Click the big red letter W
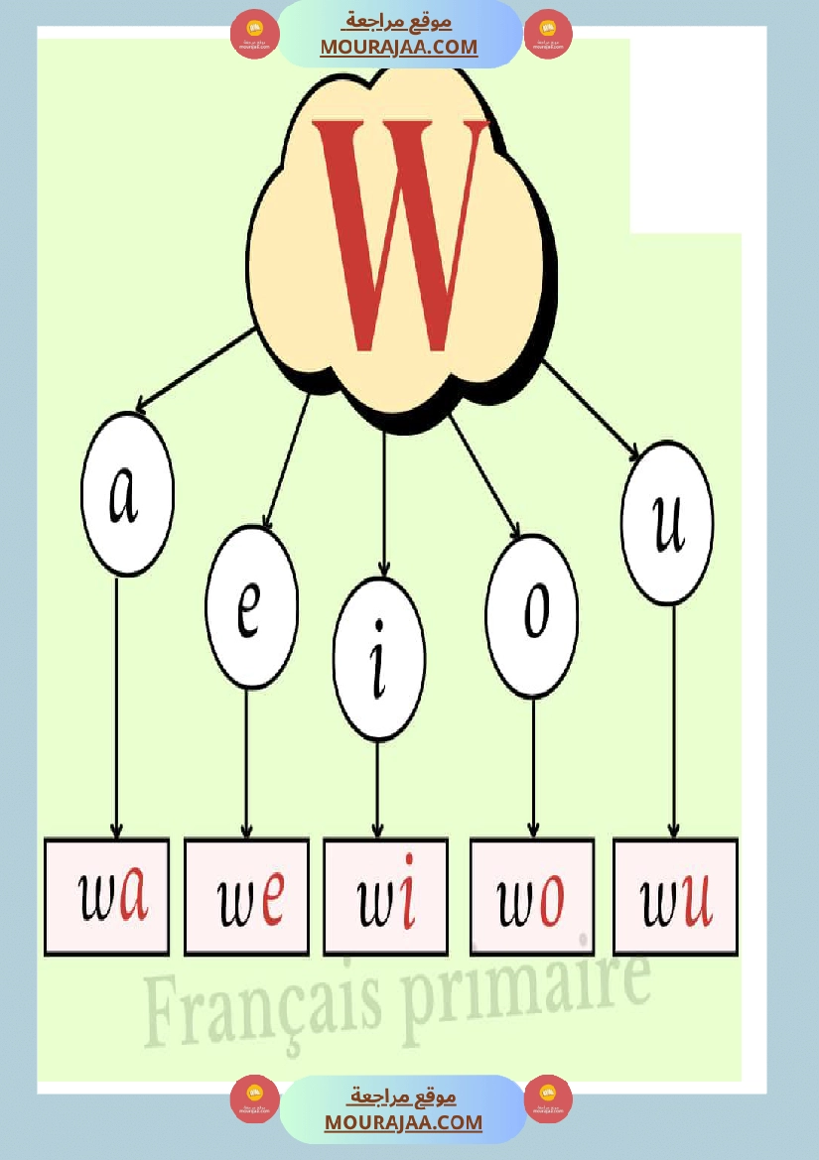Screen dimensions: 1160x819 tap(400, 233)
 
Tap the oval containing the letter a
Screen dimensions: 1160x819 tap(127, 493)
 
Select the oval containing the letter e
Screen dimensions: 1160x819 tap(251, 607)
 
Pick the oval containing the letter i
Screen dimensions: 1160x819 tap(378, 659)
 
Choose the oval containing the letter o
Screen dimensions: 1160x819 tap(533, 616)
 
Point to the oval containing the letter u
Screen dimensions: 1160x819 tap(667, 523)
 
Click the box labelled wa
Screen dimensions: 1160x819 tap(106, 897)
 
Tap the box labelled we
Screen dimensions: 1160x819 tap(247, 897)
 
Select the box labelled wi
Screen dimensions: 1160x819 tap(385, 897)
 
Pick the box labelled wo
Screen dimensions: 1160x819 tap(531, 897)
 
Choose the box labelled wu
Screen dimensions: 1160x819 tap(675, 897)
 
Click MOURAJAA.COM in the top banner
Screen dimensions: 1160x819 tap(398, 47)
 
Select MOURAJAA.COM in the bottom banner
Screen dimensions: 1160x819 tap(403, 1122)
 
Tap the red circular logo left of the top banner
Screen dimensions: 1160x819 tap(255, 35)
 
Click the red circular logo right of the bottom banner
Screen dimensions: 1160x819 tap(548, 1099)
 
